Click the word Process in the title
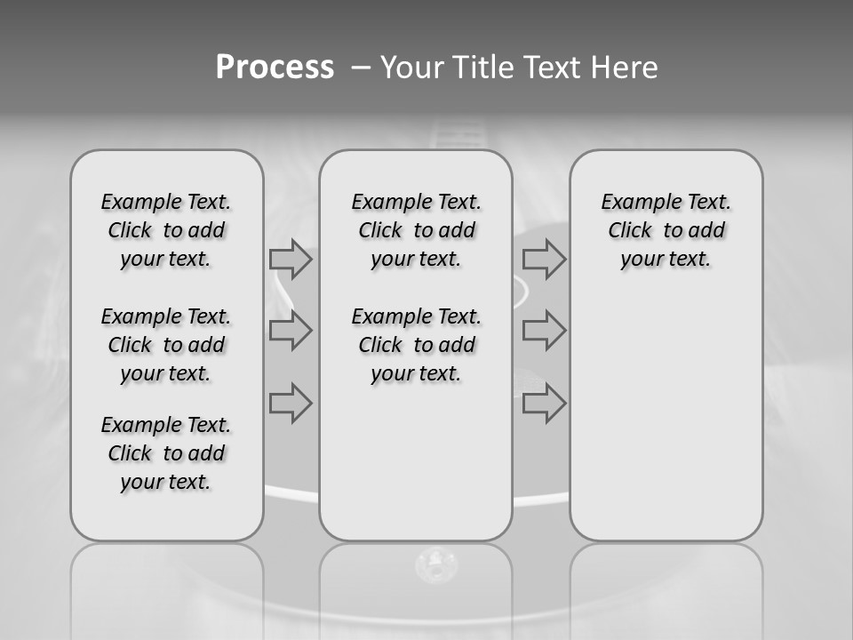point(275,67)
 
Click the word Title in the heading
point(478,67)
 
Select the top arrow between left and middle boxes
point(291,260)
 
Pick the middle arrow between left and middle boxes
point(291,331)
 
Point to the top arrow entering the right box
point(544,260)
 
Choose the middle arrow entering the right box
point(544,331)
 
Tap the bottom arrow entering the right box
point(544,404)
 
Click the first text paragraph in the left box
point(166,231)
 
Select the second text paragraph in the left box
point(166,345)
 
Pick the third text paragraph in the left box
point(166,453)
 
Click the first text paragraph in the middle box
point(417,231)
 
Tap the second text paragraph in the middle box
point(417,345)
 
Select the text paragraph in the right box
point(666,231)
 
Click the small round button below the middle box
point(435,563)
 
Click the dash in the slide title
point(361,67)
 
